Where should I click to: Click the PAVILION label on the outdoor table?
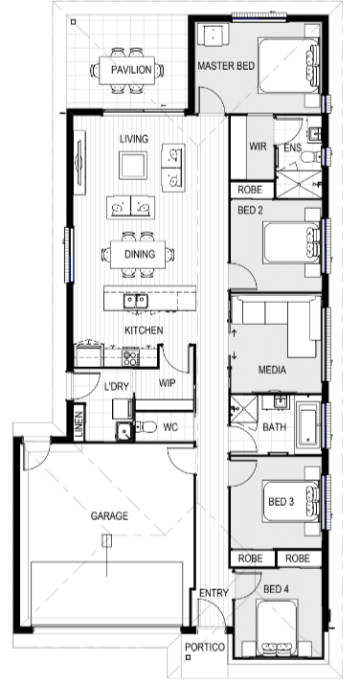click(x=131, y=70)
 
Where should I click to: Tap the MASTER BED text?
click(x=226, y=66)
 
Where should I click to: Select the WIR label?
click(x=258, y=147)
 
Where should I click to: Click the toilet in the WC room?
click(x=146, y=426)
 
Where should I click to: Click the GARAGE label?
click(x=109, y=516)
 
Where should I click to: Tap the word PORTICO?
click(x=204, y=647)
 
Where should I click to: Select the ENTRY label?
click(x=214, y=593)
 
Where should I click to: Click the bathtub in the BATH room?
click(x=308, y=425)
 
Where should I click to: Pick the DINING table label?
click(x=140, y=254)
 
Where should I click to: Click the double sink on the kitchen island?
click(x=136, y=301)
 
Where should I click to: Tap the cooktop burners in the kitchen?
click(x=130, y=356)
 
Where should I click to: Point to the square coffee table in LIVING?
click(x=133, y=166)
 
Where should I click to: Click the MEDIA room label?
click(x=273, y=371)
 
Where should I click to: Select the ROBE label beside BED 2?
click(x=250, y=190)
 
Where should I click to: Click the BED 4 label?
click(x=276, y=589)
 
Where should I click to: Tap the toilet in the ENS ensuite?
click(x=311, y=156)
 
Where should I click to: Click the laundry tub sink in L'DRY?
click(x=124, y=432)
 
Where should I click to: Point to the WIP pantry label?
click(x=167, y=383)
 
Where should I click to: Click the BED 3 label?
click(x=281, y=502)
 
